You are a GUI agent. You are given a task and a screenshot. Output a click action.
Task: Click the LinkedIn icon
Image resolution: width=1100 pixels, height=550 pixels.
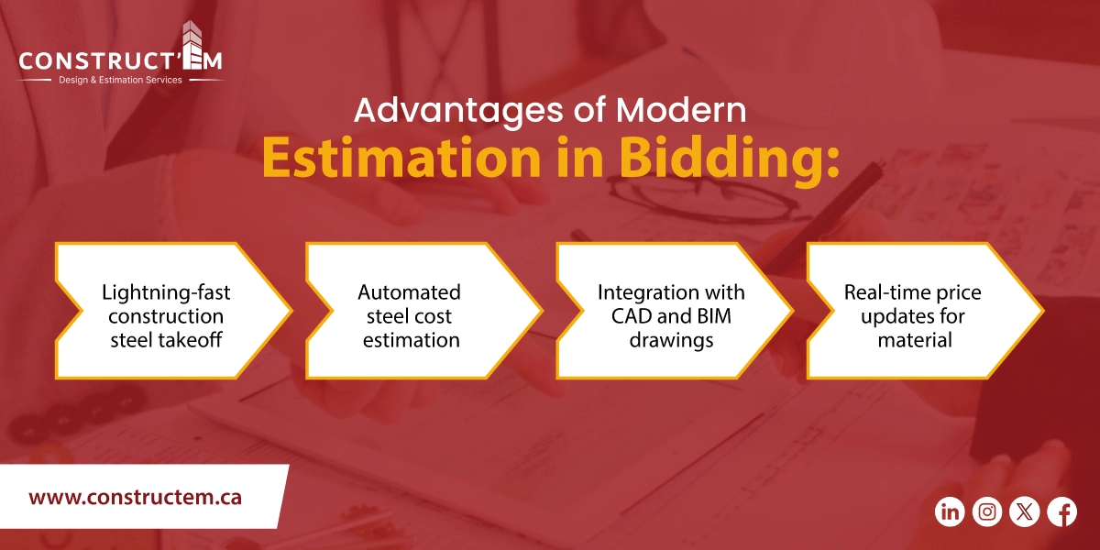951,511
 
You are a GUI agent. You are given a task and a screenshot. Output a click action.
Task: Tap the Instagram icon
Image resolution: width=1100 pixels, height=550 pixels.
987,511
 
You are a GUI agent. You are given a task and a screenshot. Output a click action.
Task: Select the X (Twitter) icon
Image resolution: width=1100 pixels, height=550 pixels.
1024,511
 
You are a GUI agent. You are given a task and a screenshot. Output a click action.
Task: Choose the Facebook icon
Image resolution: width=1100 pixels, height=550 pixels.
1061,511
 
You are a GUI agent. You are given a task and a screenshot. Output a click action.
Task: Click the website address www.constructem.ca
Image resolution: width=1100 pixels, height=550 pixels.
135,498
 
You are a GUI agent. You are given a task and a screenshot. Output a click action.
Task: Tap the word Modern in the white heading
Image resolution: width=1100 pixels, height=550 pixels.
681,110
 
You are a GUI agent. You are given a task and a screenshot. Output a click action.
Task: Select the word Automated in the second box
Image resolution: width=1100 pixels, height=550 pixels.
409,293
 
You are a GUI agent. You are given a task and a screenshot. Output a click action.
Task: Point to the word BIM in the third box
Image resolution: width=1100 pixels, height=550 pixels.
719,316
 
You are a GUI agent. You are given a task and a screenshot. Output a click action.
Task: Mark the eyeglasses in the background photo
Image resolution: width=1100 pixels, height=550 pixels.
697,197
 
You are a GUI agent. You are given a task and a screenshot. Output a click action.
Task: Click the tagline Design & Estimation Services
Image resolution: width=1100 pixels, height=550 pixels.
120,80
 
